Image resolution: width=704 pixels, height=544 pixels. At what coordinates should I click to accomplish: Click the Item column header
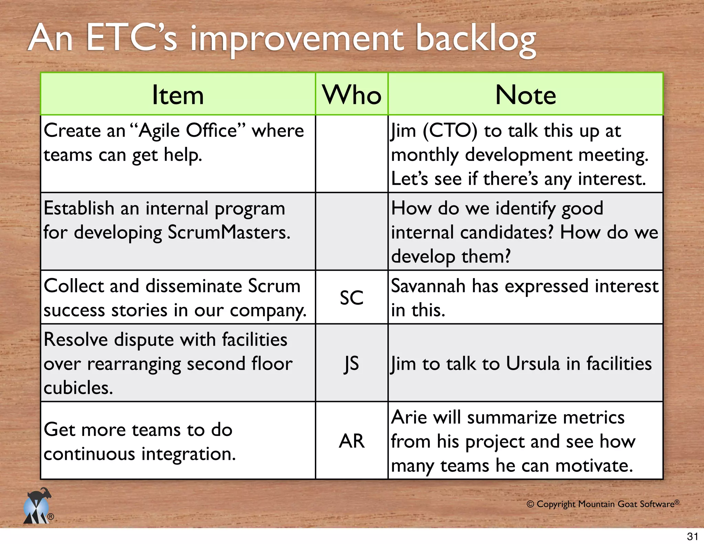coord(178,95)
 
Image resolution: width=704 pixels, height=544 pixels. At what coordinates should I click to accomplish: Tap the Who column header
coord(352,95)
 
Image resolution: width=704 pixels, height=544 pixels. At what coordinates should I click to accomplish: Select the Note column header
coord(525,95)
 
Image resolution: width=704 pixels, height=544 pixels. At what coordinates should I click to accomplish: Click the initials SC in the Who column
coord(351,298)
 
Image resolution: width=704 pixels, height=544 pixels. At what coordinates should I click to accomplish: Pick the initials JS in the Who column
coord(351,364)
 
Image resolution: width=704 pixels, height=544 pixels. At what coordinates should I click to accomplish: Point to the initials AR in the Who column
coord(351,441)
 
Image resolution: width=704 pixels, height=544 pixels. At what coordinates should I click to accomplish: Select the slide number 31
coord(692,536)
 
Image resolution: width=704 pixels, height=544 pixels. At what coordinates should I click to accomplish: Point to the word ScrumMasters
coord(229,232)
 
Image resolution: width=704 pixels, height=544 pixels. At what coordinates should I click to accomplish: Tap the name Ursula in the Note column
coord(533,364)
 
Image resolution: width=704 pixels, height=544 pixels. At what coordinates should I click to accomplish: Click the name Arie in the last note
coord(408,417)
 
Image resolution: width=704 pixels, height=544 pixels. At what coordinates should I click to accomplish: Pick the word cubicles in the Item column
coord(78,388)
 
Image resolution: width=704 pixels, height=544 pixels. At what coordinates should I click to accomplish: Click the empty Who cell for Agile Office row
coord(351,154)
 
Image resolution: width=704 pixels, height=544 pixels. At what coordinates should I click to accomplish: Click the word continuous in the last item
coord(89,454)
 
